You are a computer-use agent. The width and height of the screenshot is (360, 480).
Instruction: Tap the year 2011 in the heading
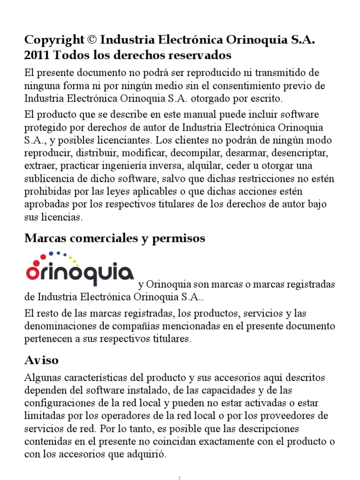click(x=37, y=55)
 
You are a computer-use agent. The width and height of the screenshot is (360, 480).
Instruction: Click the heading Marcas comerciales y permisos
click(x=115, y=238)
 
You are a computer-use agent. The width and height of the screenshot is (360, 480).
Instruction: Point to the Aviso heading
click(x=42, y=360)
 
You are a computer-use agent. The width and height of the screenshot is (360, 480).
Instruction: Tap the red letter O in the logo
click(x=33, y=274)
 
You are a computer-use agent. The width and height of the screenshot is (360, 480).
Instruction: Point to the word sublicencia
click(x=49, y=180)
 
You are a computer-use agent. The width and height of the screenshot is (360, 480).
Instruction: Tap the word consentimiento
click(x=250, y=86)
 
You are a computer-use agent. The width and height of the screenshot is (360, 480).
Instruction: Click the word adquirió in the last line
click(x=145, y=454)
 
